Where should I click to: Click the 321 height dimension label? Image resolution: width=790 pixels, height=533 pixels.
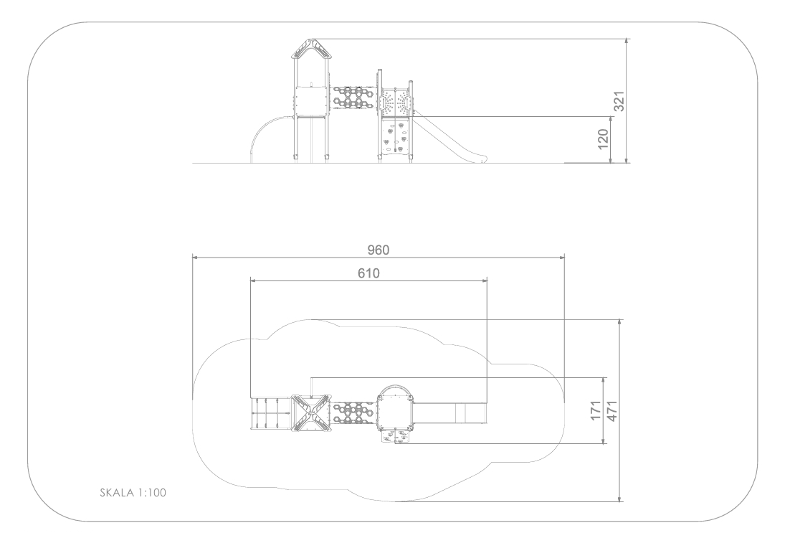pyautogui.click(x=619, y=101)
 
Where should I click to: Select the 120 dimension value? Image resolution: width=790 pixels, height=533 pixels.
pyautogui.click(x=603, y=139)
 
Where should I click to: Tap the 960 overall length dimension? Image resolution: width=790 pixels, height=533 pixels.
pyautogui.click(x=379, y=250)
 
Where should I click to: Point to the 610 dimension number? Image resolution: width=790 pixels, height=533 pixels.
pyautogui.click(x=368, y=273)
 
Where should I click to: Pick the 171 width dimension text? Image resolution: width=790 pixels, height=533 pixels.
pyautogui.click(x=596, y=411)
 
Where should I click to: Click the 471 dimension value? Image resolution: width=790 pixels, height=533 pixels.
pyautogui.click(x=611, y=411)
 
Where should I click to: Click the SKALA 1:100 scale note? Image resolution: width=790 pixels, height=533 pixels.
pyautogui.click(x=133, y=493)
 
